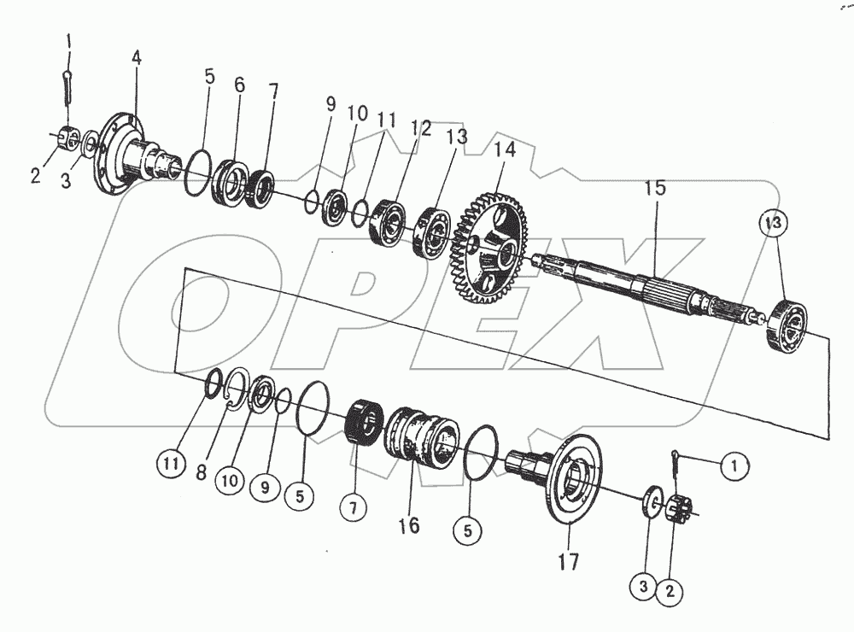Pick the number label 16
click(x=409, y=525)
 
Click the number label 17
click(x=568, y=561)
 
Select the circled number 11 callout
click(x=170, y=465)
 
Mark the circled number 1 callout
click(x=731, y=465)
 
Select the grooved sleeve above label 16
click(x=424, y=436)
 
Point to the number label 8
click(x=202, y=471)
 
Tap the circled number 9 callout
click(x=264, y=487)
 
